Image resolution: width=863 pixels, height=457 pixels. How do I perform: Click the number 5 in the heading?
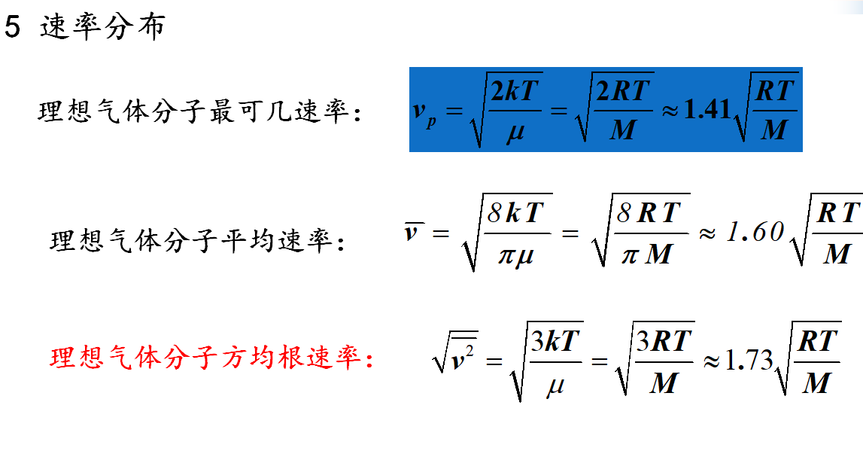13,28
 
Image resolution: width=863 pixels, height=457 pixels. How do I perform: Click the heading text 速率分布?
102,28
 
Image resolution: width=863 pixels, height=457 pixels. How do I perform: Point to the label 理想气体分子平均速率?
197,242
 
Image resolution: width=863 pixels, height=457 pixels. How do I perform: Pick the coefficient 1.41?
706,110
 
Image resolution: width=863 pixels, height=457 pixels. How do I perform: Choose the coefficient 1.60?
755,233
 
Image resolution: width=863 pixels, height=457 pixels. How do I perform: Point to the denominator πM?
646,254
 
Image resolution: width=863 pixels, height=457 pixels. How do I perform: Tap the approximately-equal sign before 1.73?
711,361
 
